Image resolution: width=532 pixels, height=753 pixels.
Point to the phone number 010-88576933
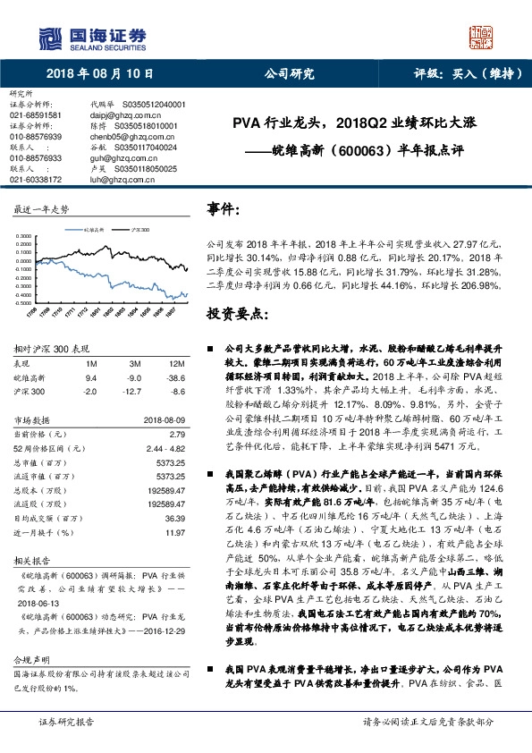(x=36, y=157)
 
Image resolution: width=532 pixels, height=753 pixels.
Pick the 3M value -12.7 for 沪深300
(x=134, y=391)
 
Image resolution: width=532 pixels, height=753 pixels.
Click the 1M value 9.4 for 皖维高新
(x=91, y=378)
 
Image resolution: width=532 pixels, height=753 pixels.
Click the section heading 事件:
(x=224, y=208)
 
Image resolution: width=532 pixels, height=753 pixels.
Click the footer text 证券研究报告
(x=66, y=744)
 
